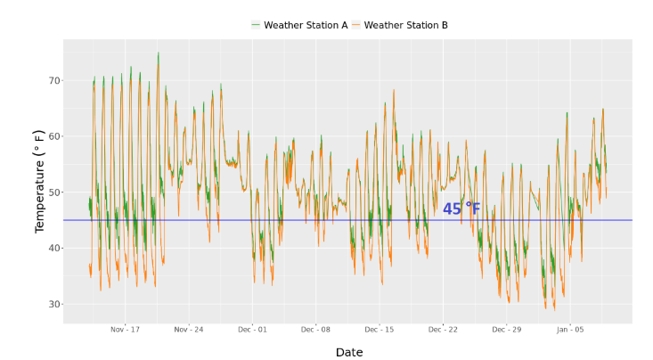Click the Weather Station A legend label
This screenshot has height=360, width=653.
(x=306, y=26)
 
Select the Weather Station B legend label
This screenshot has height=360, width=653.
(x=405, y=26)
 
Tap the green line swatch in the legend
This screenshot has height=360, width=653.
(x=256, y=25)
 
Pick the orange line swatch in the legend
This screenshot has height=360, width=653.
(x=355, y=25)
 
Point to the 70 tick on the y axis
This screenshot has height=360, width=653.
(x=54, y=80)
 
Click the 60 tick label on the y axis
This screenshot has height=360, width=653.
(x=54, y=136)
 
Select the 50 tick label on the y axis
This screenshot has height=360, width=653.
(x=54, y=192)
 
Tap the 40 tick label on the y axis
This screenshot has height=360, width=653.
(x=54, y=248)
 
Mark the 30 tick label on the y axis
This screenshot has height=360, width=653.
(x=54, y=304)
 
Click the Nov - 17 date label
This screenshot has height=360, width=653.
(x=125, y=330)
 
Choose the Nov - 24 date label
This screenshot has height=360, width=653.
(x=189, y=330)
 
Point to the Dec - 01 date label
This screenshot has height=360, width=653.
(x=252, y=330)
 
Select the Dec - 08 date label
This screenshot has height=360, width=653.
(x=315, y=330)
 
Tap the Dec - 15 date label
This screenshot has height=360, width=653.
(x=380, y=330)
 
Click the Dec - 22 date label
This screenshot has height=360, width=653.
(x=443, y=330)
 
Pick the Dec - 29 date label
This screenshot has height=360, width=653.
(x=506, y=330)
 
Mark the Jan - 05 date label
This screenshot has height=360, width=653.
(x=570, y=330)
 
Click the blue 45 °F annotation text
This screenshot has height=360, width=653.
(x=461, y=209)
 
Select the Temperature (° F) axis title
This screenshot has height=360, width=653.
(x=39, y=182)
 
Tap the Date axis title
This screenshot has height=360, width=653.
(x=349, y=352)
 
